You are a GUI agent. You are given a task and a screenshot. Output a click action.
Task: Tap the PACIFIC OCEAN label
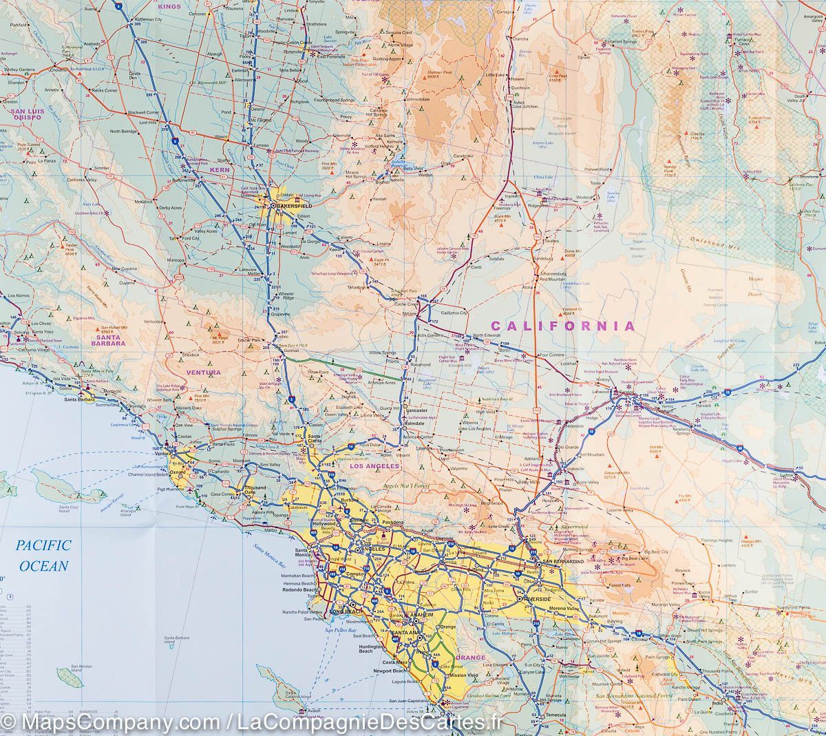pos(44,556)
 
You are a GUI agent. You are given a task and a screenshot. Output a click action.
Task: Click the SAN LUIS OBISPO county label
pos(25,114)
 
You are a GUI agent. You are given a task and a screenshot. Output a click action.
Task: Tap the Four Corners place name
pos(551,355)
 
